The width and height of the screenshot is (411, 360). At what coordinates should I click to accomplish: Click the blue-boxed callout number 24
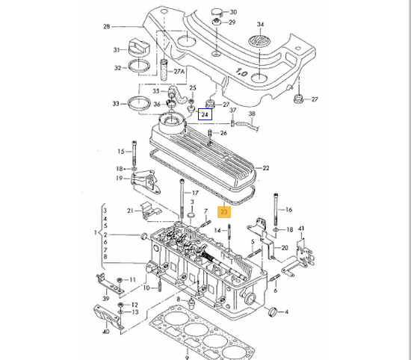pos(205,114)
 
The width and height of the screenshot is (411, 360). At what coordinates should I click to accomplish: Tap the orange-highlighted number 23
pos(224,211)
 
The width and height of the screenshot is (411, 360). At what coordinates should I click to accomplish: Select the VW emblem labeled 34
pos(259,41)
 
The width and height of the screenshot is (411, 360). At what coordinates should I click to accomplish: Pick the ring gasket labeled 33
pos(139,103)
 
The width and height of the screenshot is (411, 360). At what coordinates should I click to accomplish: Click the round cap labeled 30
pos(217,12)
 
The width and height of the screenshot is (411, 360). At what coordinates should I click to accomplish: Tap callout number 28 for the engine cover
pos(106,26)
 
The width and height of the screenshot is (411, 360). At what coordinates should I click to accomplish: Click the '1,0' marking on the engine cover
pos(241,72)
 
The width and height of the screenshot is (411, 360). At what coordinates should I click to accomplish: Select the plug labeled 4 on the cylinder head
pos(273,311)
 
